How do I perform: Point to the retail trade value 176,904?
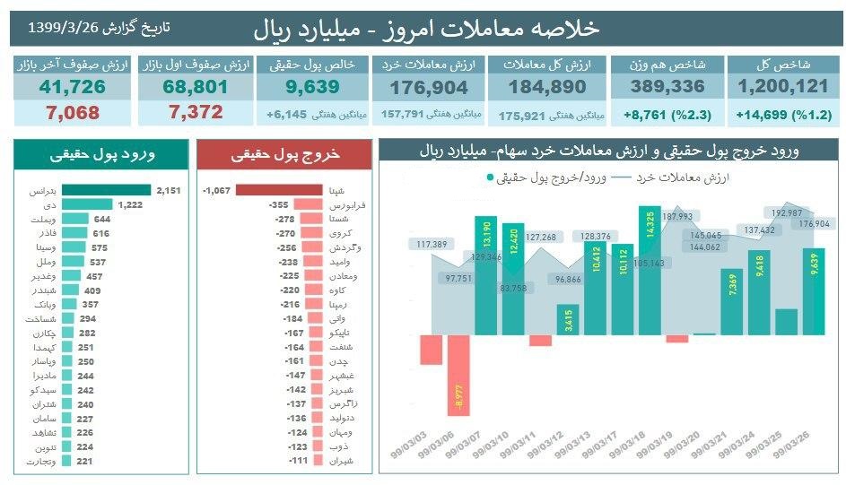click(x=428, y=87)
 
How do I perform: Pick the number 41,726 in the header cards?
click(x=72, y=87)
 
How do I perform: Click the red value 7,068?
click(x=72, y=113)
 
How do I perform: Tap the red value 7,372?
click(x=193, y=113)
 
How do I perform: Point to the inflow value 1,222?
click(x=131, y=205)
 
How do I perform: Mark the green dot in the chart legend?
click(x=490, y=178)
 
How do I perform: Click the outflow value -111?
click(x=295, y=461)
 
